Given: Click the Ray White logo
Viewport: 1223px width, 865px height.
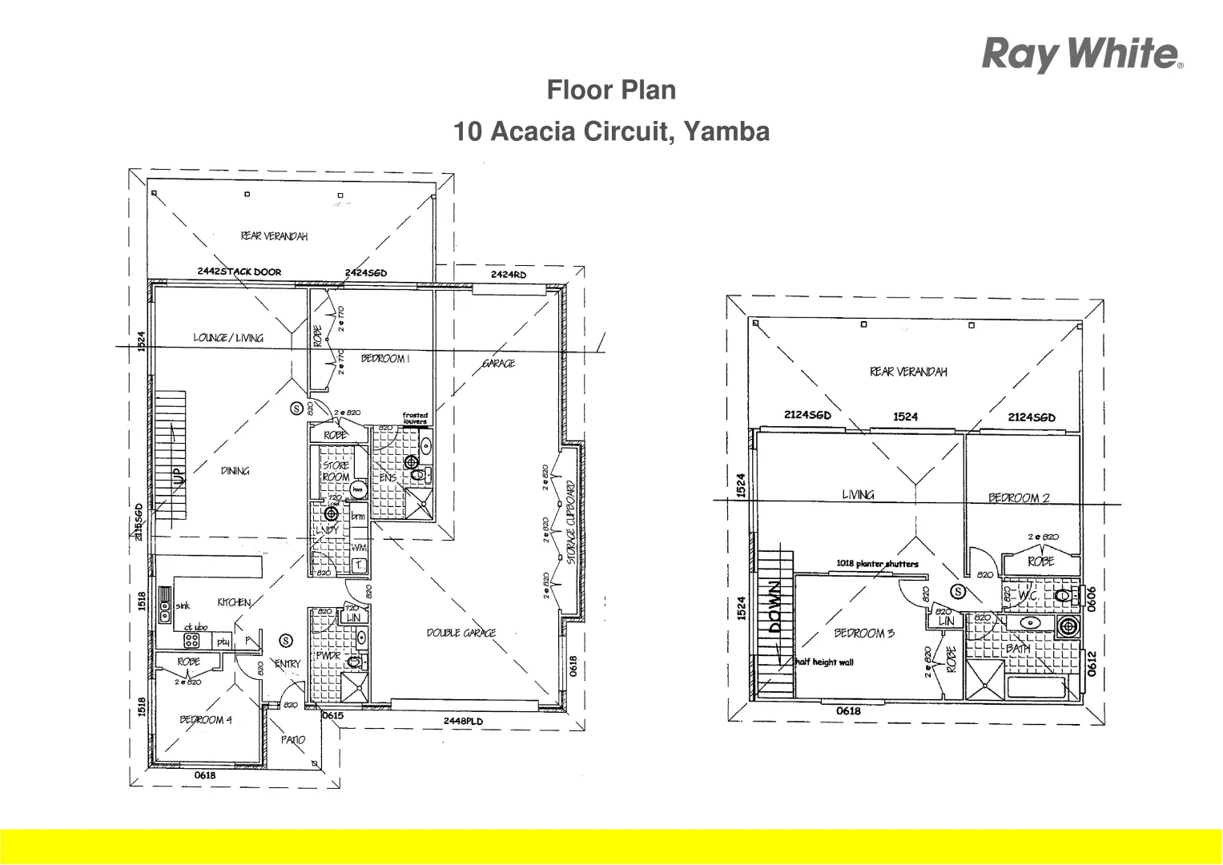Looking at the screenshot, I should (1082, 54).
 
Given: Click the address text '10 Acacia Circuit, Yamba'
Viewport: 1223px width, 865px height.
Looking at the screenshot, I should (611, 131).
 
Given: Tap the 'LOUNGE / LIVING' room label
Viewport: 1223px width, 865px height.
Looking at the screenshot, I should (227, 338).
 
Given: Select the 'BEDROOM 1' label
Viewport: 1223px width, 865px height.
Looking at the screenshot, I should (384, 359).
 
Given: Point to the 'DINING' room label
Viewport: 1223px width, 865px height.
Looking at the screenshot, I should (235, 471).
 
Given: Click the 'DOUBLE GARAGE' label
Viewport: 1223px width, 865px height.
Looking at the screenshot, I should (461, 634).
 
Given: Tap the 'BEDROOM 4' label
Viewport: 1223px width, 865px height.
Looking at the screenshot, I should (205, 720).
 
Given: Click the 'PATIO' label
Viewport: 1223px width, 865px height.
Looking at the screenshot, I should (292, 740).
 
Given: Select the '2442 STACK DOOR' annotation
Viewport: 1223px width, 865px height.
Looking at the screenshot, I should (239, 272).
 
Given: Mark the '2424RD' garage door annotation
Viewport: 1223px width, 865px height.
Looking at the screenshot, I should (508, 275).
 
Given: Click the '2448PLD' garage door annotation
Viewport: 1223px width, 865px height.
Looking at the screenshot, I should (463, 722).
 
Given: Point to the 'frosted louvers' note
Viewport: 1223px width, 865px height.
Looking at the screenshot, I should (415, 418).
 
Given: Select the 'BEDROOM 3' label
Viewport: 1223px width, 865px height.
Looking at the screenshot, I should (863, 634).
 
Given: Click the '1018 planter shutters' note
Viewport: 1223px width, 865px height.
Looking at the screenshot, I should (877, 564).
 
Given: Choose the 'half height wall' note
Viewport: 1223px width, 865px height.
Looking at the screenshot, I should (824, 662).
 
